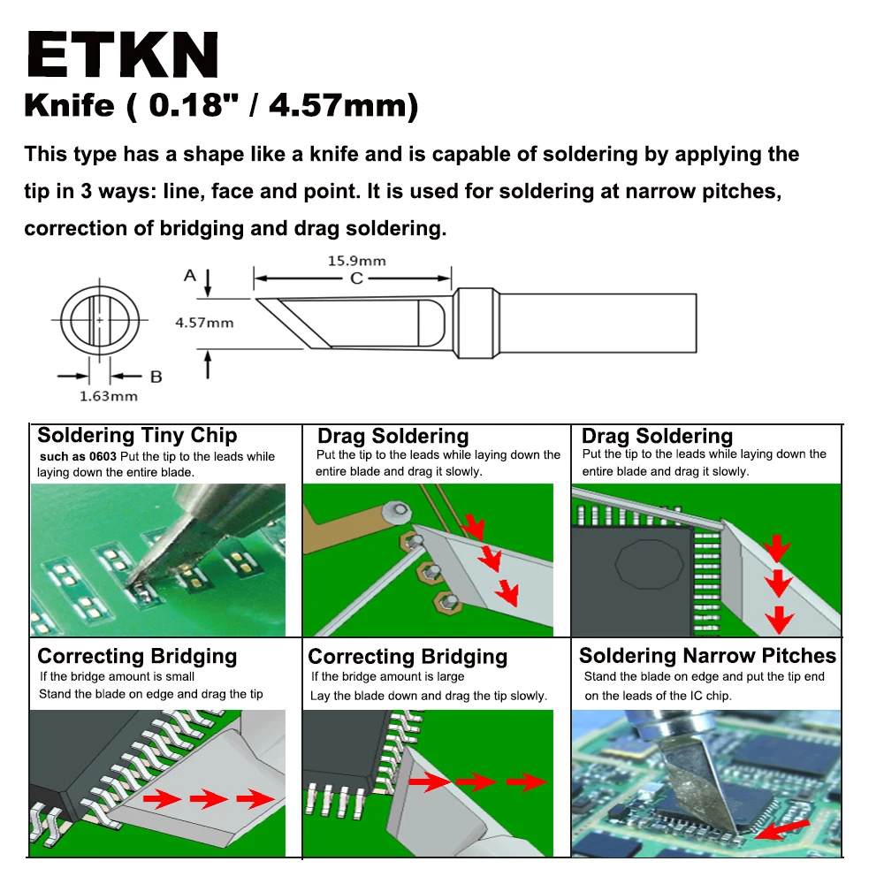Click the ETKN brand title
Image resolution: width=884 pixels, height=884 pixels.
point(123,57)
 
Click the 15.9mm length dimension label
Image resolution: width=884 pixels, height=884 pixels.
point(356,261)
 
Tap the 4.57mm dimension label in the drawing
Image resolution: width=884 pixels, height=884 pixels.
point(204,323)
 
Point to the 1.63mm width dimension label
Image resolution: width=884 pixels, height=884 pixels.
point(109,396)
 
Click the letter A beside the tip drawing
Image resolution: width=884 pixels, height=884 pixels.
point(190,276)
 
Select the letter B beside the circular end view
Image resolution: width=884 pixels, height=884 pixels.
point(156,377)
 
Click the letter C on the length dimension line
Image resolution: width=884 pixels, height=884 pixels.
point(356,278)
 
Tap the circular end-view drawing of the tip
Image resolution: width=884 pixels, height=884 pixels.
point(99,319)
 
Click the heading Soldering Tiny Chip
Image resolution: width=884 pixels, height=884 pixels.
point(137,435)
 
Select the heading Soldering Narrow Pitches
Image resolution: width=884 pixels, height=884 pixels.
point(707,656)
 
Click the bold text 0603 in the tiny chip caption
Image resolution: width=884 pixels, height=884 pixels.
point(103,457)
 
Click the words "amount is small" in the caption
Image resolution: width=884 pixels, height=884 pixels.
point(150,677)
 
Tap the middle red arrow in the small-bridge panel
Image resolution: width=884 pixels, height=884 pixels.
point(209,800)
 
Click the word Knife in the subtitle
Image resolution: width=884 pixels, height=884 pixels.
point(69,107)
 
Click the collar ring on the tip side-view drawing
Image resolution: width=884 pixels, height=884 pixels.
point(476,324)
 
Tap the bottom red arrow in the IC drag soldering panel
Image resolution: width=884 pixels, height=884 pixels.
point(779,620)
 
